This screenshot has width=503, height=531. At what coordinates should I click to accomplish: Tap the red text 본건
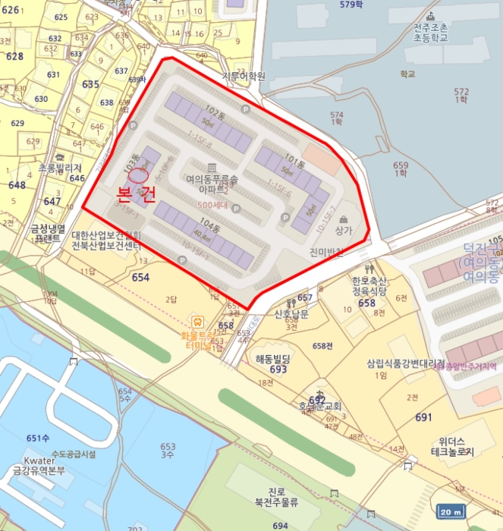point(137,195)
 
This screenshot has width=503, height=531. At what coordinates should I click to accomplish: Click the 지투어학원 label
point(244,76)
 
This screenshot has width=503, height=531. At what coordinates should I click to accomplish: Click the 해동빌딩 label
point(274,358)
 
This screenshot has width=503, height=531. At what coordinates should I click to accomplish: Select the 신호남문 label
point(291,314)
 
